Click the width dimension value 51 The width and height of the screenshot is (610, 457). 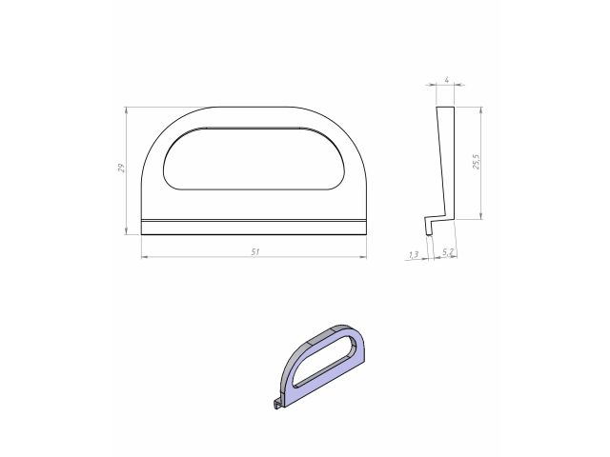pyautogui.click(x=254, y=251)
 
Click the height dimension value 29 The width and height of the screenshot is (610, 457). pyautogui.click(x=121, y=169)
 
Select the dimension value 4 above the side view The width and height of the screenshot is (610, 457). pyautogui.click(x=446, y=81)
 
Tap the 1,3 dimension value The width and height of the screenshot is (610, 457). pyautogui.click(x=414, y=254)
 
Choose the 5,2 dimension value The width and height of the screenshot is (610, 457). pyautogui.click(x=448, y=253)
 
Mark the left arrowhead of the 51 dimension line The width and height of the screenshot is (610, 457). pyautogui.click(x=144, y=257)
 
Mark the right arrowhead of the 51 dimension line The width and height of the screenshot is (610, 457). pyautogui.click(x=364, y=257)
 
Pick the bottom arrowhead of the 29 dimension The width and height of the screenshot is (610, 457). pyautogui.click(x=127, y=231)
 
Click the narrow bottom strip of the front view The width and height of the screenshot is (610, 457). pyautogui.click(x=254, y=226)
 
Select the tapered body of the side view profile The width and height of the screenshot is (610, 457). pyautogui.click(x=446, y=162)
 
